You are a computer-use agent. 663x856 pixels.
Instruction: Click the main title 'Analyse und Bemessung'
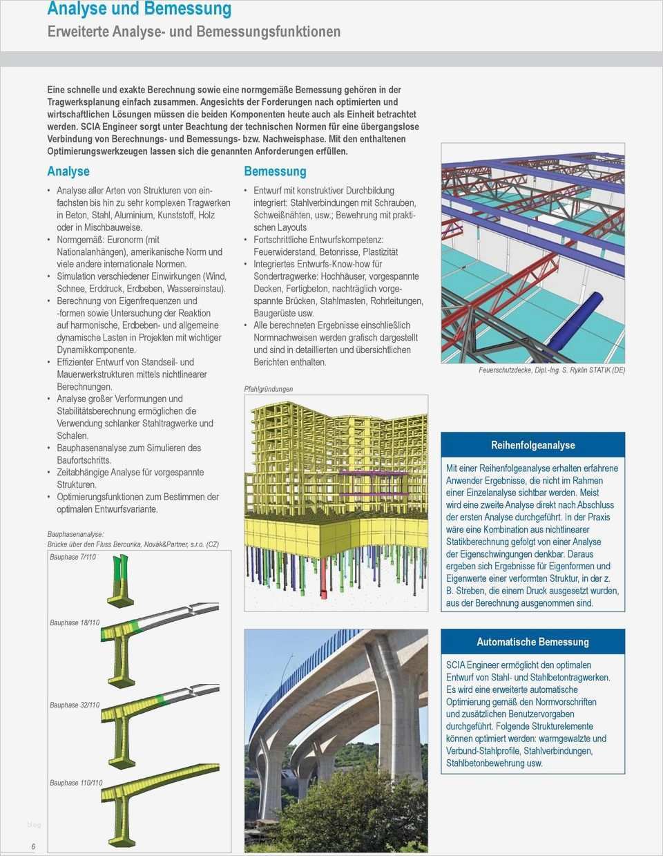click(x=139, y=9)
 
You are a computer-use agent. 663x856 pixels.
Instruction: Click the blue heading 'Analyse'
click(x=68, y=171)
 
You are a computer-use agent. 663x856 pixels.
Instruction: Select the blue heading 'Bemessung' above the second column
click(x=275, y=171)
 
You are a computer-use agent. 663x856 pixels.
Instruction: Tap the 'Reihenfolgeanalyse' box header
click(x=532, y=446)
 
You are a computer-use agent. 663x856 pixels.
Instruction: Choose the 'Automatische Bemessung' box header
click(x=532, y=642)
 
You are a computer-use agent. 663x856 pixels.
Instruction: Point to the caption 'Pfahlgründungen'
click(x=268, y=389)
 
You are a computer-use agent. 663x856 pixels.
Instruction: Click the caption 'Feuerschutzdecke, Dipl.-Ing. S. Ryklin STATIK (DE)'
click(x=552, y=370)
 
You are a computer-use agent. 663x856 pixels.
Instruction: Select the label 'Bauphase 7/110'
click(x=73, y=557)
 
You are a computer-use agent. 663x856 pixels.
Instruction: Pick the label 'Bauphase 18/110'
click(x=75, y=622)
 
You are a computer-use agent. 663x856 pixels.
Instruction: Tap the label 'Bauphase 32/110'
click(x=75, y=705)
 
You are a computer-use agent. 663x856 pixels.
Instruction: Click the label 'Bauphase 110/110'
click(x=76, y=783)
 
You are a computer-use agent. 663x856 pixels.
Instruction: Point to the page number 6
click(x=32, y=847)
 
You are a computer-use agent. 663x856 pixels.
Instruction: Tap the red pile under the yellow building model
click(x=324, y=584)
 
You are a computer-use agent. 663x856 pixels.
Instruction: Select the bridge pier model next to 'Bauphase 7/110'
click(x=119, y=581)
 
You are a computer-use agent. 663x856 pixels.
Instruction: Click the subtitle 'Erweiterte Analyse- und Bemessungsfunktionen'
click(x=193, y=32)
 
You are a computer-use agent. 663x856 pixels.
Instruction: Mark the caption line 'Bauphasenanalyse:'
click(x=75, y=534)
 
